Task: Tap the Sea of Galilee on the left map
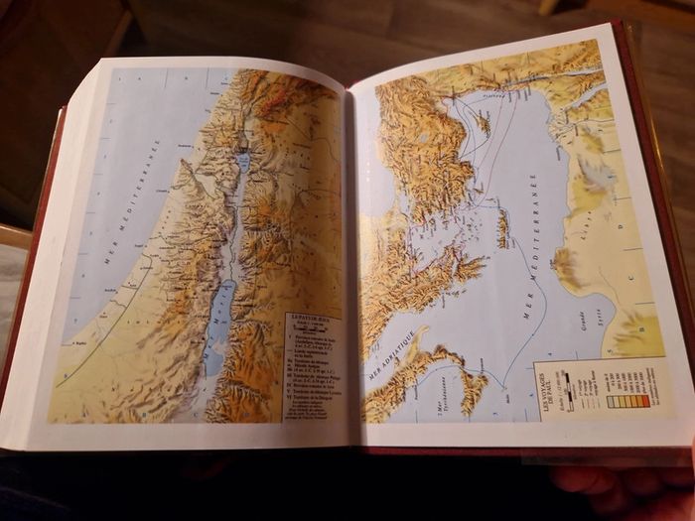click(x=243, y=160)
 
